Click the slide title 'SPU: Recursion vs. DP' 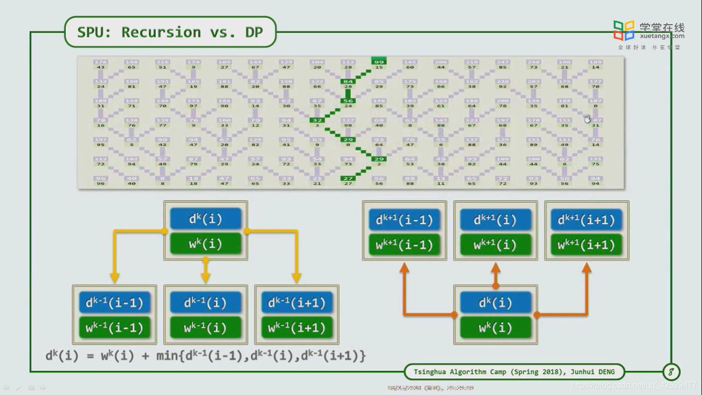[170, 32]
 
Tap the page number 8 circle [671, 371]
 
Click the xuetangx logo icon [624, 30]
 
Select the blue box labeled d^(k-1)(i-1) [115, 302]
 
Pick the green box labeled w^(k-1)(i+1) [297, 328]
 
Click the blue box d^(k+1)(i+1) [586, 220]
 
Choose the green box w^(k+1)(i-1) [404, 245]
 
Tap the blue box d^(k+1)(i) [495, 220]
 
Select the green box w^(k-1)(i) [206, 328]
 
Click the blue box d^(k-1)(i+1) [297, 302]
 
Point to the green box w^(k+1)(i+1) [586, 245]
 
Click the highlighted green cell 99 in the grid [379, 62]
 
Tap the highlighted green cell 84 [348, 81]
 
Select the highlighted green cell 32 [317, 120]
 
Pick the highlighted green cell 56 [348, 101]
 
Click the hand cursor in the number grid [587, 119]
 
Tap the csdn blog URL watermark [634, 385]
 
